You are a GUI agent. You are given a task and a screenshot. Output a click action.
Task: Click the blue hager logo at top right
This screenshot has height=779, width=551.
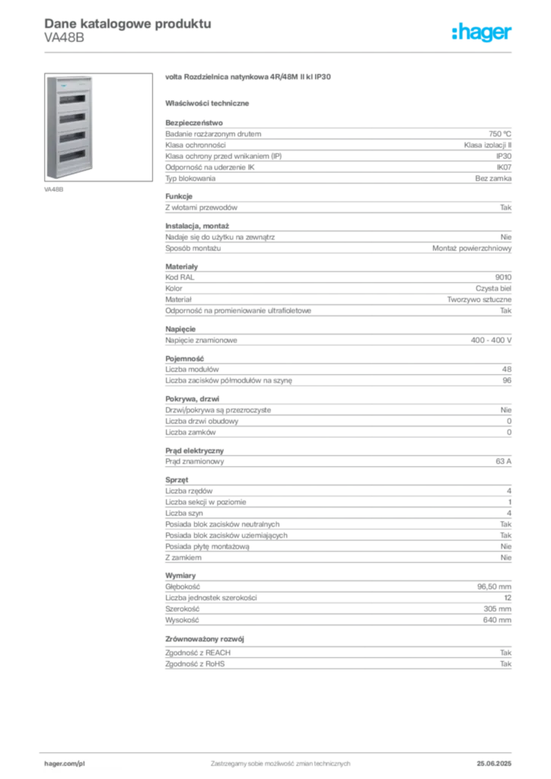click(x=483, y=33)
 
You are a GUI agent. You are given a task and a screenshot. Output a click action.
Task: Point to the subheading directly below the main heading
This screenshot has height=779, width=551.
click(x=209, y=103)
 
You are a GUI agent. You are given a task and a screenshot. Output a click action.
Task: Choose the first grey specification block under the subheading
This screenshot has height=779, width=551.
click(x=337, y=186)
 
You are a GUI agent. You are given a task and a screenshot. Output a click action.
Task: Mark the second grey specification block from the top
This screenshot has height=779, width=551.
click(x=337, y=303)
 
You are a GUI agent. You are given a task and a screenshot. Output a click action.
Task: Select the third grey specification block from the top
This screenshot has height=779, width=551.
click(x=337, y=409)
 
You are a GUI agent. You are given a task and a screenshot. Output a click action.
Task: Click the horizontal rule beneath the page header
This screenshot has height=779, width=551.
click(x=279, y=51)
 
